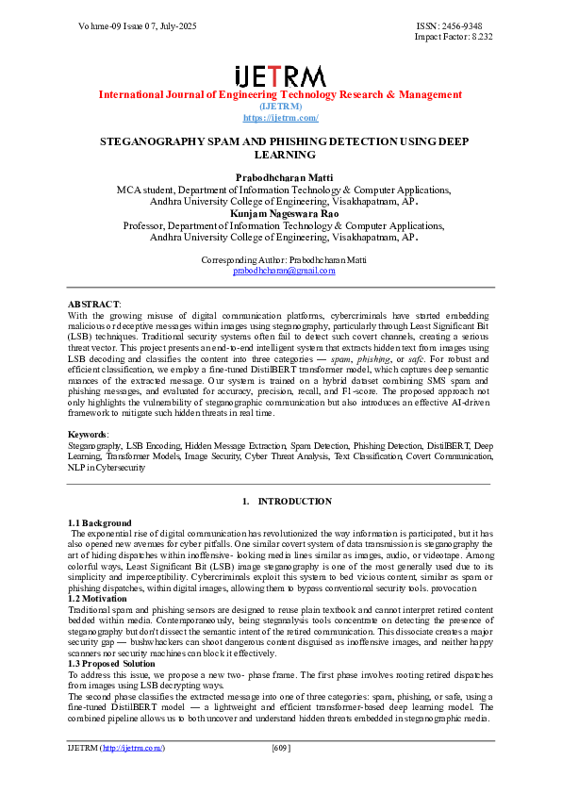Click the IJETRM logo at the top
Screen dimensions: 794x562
point(280,75)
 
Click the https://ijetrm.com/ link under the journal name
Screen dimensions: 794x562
point(280,117)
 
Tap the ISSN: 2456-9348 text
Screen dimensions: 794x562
point(454,25)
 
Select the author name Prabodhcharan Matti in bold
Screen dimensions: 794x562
point(280,177)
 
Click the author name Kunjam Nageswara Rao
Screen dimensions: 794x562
point(280,214)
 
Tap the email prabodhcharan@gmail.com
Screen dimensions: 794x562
point(284,270)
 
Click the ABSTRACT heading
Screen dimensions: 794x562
point(93,305)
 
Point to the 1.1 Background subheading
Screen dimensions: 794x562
point(100,522)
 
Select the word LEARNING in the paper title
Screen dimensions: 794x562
point(280,154)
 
